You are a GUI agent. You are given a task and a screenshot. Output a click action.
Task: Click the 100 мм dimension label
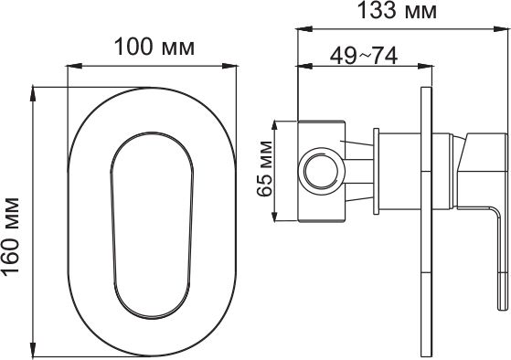(x=154, y=48)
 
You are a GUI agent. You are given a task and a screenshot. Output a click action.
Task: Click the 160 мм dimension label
(x=11, y=238)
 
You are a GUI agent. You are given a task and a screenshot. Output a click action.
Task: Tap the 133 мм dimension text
(x=398, y=10)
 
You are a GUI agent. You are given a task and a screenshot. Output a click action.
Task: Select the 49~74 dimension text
(x=364, y=56)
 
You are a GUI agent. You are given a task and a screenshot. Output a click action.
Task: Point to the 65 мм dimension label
(x=264, y=169)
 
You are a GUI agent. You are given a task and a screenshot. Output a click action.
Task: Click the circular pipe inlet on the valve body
(x=322, y=171)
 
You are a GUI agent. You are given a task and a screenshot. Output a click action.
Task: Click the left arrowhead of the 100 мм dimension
(x=74, y=66)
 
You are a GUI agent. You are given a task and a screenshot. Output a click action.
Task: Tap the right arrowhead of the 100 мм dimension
(x=229, y=66)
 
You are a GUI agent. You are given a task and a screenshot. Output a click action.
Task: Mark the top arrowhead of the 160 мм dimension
(x=33, y=94)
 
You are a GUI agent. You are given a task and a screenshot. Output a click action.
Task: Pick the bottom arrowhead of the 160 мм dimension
(x=33, y=349)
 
